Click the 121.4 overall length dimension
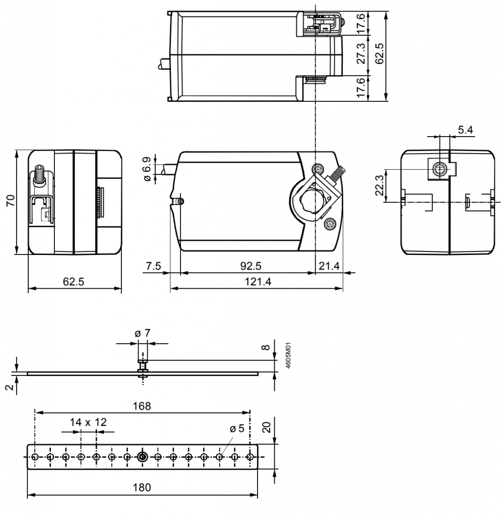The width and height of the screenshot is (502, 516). tap(258, 282)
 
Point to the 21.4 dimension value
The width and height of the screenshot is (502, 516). tap(329, 266)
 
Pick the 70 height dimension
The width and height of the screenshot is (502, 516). tap(10, 201)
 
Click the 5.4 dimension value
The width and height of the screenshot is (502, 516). tap(465, 130)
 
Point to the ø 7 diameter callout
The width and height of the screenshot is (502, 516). tap(143, 333)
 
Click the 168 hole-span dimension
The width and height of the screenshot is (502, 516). tap(143, 406)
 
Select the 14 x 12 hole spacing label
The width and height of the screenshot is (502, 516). tap(88, 422)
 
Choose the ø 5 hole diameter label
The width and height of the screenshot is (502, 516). tap(236, 429)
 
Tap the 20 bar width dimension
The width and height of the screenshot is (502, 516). tap(267, 427)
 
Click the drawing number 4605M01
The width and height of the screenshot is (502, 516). tap(289, 357)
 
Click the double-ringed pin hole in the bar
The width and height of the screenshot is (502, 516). tap(143, 457)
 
